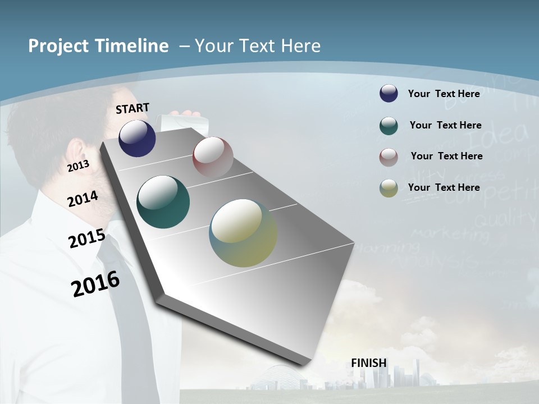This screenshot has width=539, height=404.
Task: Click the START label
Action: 133,108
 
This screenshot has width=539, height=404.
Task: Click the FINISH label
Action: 369,363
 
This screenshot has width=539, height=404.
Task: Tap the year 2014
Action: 83,199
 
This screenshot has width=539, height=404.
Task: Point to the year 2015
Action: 86,238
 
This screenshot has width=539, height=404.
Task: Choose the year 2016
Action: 95,283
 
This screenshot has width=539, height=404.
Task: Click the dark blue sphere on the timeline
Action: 137,138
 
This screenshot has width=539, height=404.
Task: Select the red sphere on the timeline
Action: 213,157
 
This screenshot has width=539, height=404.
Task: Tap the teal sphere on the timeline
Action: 163,202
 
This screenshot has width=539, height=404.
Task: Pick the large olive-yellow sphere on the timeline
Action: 243,233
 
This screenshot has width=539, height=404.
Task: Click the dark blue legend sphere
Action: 389,94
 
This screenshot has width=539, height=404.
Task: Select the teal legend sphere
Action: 389,126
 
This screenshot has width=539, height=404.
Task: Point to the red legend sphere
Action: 389,157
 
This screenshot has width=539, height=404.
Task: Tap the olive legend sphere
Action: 389,188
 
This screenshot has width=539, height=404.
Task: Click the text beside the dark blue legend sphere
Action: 444,94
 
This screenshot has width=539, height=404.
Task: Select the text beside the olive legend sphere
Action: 444,187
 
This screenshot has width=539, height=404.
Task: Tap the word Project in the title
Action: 56,46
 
